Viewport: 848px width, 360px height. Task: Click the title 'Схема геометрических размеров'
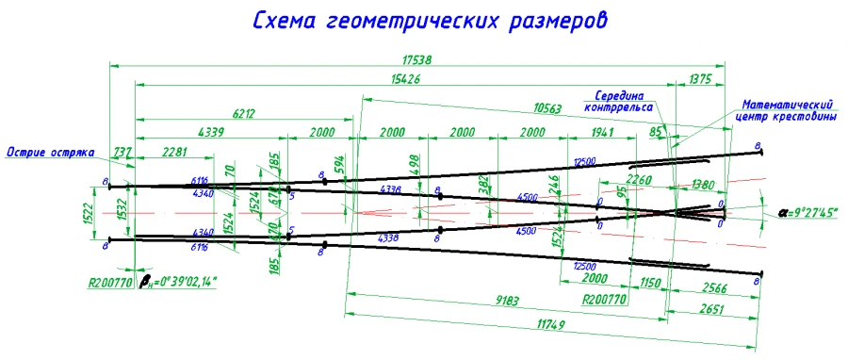click(424, 20)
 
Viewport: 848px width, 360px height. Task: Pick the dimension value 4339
click(210, 132)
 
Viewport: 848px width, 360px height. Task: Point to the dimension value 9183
click(507, 302)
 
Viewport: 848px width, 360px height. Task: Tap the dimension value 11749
click(507, 323)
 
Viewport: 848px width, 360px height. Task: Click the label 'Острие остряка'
click(46, 151)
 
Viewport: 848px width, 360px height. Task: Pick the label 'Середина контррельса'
click(624, 102)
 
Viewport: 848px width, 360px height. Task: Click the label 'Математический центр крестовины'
click(789, 109)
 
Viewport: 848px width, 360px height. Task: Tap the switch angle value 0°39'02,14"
click(179, 281)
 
